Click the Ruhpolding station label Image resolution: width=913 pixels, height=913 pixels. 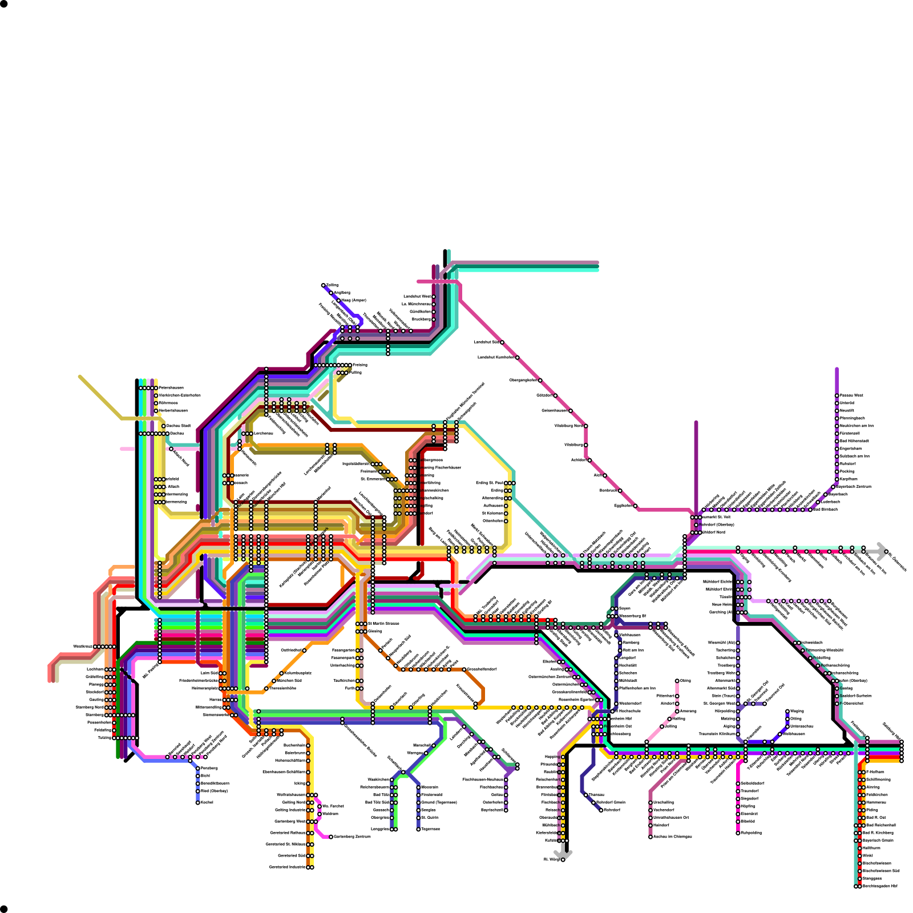tap(752, 833)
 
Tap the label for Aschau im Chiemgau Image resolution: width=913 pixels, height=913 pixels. tap(673, 837)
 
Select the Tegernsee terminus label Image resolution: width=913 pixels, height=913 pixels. tap(430, 829)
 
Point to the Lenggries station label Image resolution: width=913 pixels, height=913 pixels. tap(380, 829)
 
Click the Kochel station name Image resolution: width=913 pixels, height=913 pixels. tap(207, 802)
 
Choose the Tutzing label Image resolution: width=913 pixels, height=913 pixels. tap(104, 738)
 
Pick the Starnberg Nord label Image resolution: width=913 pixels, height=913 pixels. tap(90, 707)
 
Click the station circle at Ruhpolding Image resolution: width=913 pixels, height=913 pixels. tap(738, 833)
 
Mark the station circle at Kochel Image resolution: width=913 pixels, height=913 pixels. tap(198, 802)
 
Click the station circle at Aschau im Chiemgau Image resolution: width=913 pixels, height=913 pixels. tap(651, 837)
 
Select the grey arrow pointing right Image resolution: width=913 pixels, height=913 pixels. tap(881, 551)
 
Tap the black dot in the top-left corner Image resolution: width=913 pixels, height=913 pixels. tap(3, 3)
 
